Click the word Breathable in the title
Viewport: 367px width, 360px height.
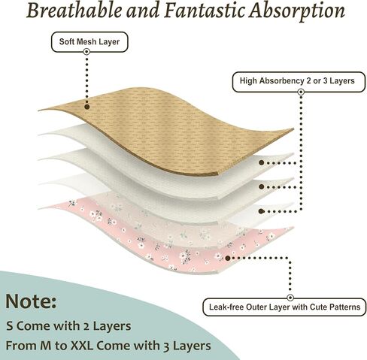pyautogui.click(x=74, y=11)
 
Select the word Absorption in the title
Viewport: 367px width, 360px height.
pyautogui.click(x=296, y=12)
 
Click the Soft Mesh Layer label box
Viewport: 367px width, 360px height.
pyautogui.click(x=89, y=42)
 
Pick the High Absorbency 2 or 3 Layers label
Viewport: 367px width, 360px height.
pyautogui.click(x=299, y=82)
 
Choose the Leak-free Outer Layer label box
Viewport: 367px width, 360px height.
pyautogui.click(x=284, y=307)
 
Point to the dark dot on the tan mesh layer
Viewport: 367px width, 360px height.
pyautogui.click(x=87, y=107)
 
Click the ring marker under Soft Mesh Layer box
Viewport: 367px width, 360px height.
pyautogui.click(x=86, y=52)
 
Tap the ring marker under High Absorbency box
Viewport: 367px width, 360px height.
pyautogui.click(x=301, y=92)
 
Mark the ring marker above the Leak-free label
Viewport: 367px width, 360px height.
pyautogui.click(x=290, y=298)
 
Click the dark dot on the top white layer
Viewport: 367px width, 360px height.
pyautogui.click(x=262, y=162)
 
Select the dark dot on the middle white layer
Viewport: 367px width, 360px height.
pyautogui.click(x=262, y=186)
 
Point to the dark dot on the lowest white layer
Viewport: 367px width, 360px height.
pyautogui.click(x=262, y=211)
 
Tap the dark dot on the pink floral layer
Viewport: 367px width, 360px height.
pyautogui.click(x=228, y=258)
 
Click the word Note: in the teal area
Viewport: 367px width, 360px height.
pyautogui.click(x=31, y=301)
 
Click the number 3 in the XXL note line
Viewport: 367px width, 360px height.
pyautogui.click(x=166, y=346)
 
